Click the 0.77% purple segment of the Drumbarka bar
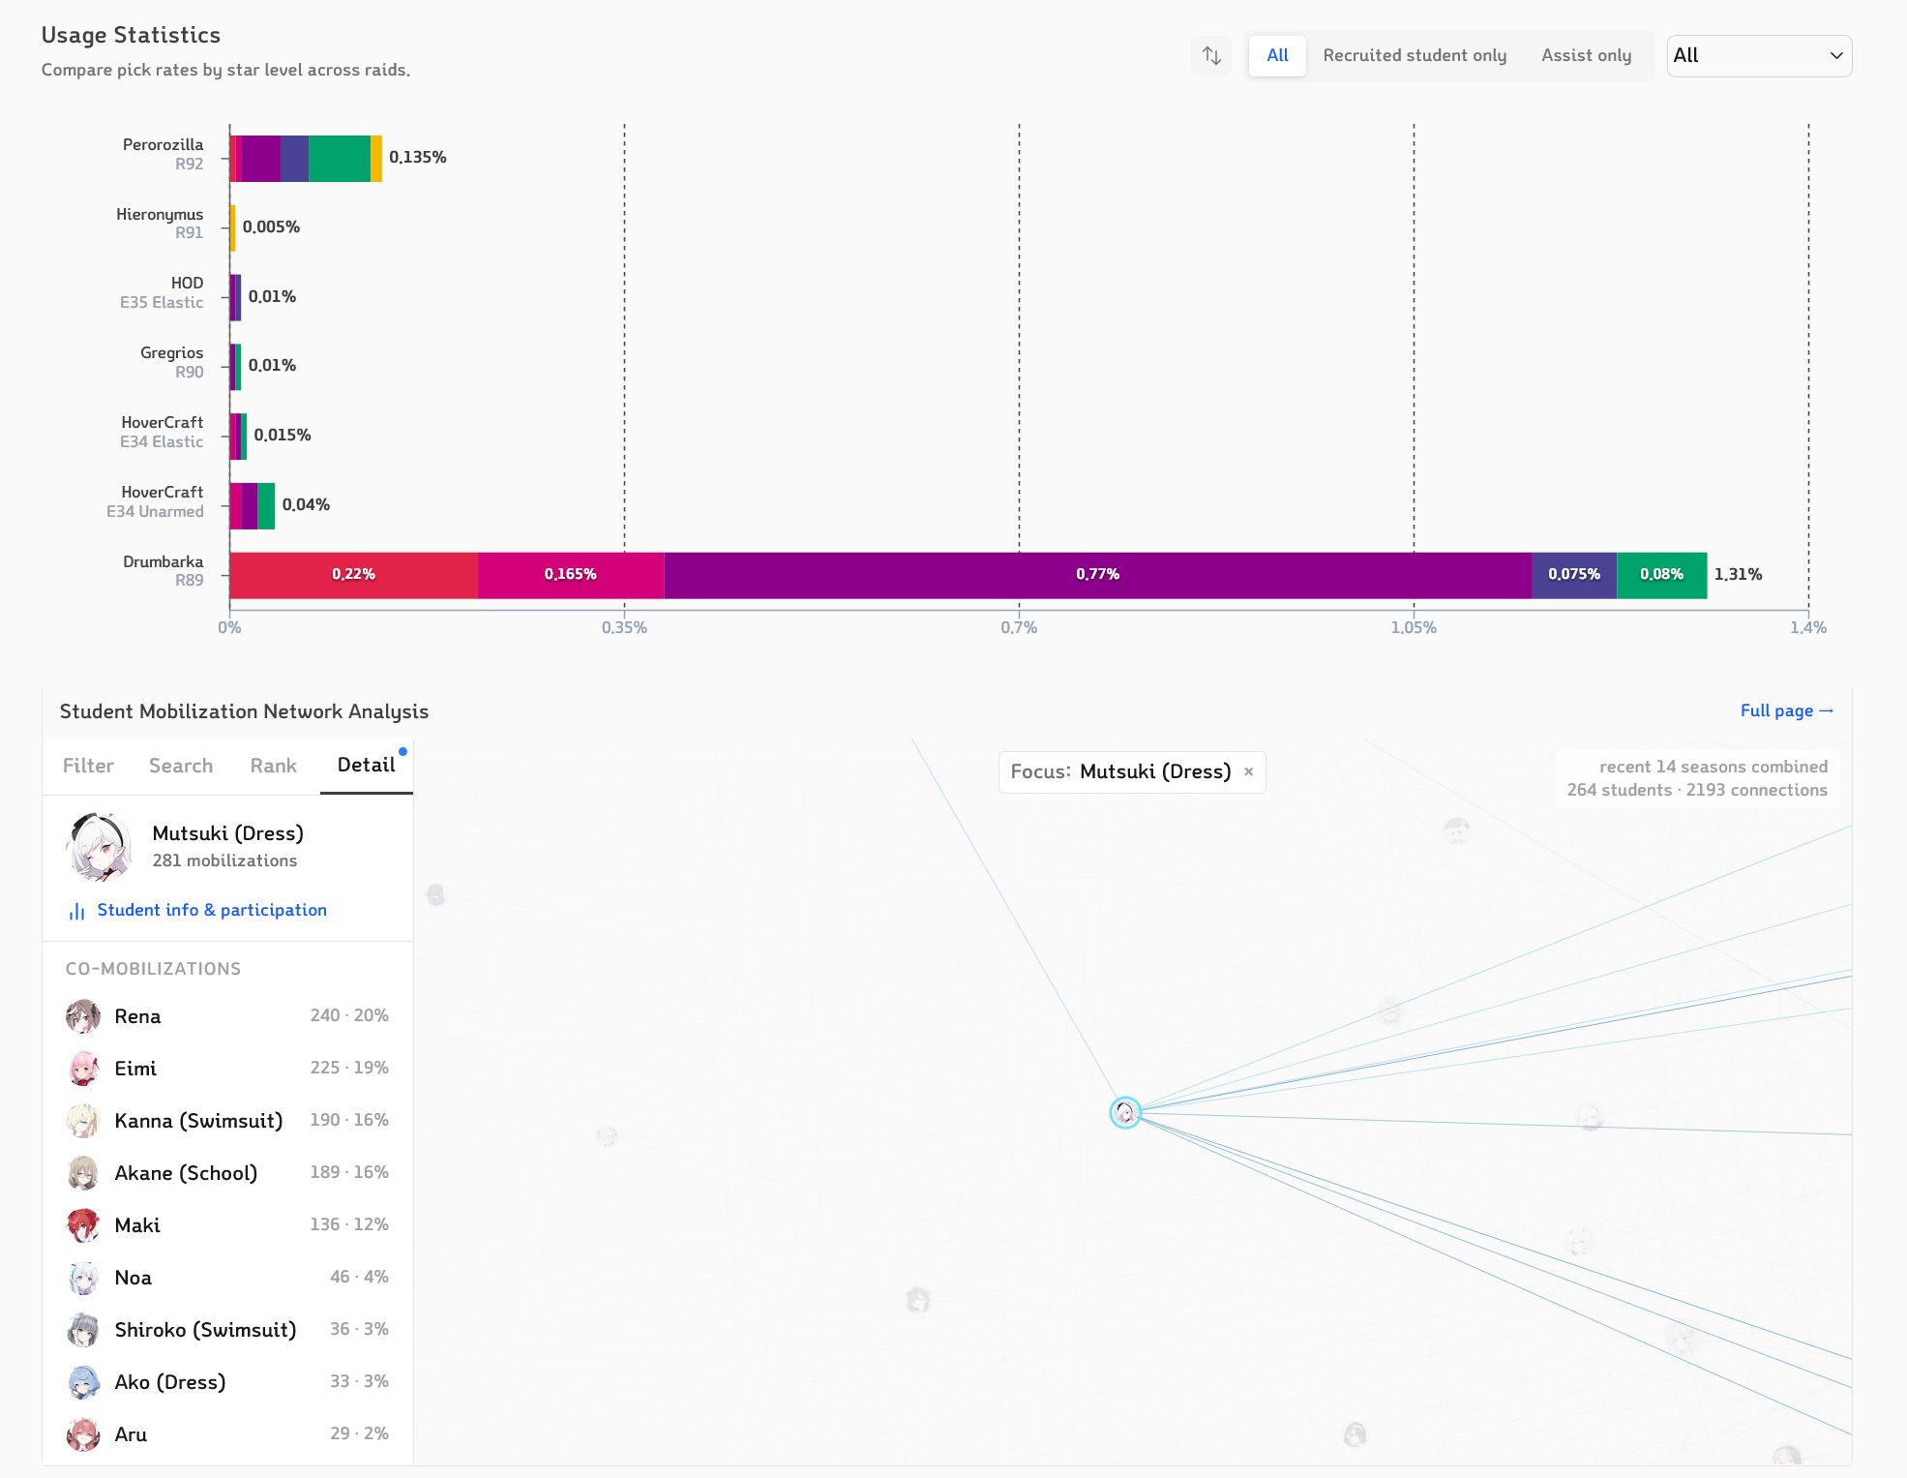(1097, 575)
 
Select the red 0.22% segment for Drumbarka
(353, 575)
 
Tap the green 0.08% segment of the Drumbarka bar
(1661, 575)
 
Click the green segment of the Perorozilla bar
(339, 158)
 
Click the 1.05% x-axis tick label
(1414, 627)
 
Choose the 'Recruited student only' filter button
(1415, 55)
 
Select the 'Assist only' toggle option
(1586, 55)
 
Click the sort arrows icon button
(1211, 55)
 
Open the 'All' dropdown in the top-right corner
(1759, 55)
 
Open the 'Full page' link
(1786, 710)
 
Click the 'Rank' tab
(273, 766)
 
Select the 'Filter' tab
(88, 766)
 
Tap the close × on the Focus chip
(1248, 771)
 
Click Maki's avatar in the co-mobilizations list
(83, 1225)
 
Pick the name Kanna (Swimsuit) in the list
(198, 1121)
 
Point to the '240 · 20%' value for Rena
(349, 1015)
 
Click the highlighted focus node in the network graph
(1125, 1112)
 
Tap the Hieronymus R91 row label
(160, 224)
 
